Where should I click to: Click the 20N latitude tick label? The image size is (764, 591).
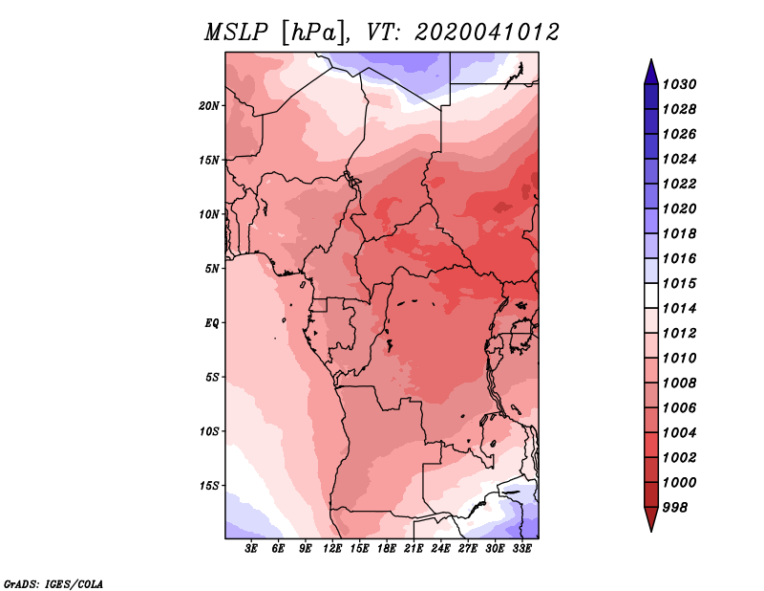209,106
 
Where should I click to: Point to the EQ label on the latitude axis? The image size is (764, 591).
211,323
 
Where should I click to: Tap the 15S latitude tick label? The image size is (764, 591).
209,486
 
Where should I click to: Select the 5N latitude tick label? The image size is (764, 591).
212,269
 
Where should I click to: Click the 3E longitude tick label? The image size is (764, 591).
251,549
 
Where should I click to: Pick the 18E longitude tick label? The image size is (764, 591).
386,549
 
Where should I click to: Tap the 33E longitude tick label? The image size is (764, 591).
521,549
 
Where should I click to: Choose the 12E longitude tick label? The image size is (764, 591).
331,549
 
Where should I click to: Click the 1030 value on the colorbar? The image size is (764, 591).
679,85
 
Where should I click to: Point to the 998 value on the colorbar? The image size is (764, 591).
675,508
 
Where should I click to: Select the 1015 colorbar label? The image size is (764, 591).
679,284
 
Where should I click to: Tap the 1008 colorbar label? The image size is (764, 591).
679,383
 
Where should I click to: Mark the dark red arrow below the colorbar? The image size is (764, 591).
651,517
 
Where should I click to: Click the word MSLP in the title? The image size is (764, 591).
236,33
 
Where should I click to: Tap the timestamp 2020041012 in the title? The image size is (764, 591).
486,33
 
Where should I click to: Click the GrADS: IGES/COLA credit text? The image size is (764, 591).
53,584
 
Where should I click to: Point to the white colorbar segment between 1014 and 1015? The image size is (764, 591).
651,295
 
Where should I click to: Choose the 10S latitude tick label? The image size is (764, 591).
209,431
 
